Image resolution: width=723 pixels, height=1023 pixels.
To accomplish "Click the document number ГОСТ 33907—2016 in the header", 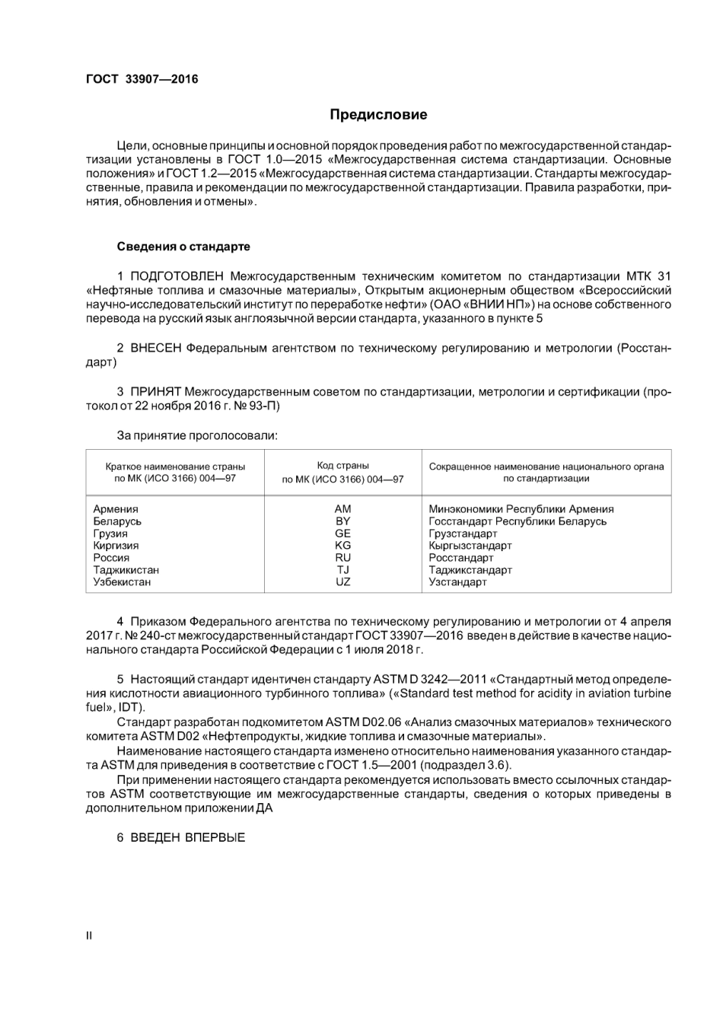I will point(142,79).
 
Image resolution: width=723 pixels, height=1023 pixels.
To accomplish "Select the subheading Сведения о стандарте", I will point(183,247).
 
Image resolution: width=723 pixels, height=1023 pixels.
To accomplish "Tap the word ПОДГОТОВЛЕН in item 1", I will point(177,276).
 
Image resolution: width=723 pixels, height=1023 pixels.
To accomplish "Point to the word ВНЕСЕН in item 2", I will point(156,349).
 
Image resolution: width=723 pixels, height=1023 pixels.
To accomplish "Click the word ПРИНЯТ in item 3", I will point(155,392).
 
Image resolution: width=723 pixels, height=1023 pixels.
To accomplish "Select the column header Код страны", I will point(342,465).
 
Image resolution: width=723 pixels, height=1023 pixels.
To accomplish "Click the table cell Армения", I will point(116,509).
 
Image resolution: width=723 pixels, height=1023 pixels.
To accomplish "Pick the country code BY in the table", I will point(342,521).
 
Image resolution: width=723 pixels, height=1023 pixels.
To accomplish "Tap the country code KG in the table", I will point(342,546).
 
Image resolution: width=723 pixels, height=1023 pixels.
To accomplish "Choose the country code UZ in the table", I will point(342,582).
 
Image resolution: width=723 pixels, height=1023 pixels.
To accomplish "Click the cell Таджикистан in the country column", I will point(126,570).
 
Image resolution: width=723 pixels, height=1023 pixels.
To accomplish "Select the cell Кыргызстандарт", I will point(470,546).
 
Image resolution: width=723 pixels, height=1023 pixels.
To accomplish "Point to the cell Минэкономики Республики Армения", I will point(521,509).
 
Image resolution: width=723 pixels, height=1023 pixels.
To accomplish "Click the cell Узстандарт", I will point(457,582).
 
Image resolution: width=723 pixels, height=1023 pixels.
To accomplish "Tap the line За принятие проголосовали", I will point(196,436).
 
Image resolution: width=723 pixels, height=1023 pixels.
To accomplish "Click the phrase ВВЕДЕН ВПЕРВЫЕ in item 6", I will point(187,838).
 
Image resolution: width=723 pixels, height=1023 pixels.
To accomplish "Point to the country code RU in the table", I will point(342,558).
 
